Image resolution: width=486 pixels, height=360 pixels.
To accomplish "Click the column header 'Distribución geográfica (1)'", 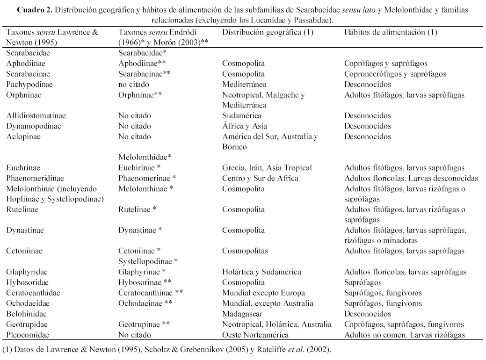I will tap(268, 32).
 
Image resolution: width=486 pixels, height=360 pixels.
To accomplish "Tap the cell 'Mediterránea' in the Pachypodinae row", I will tap(244, 85).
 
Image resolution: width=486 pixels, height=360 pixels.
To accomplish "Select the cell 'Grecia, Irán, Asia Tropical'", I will tap(267, 168).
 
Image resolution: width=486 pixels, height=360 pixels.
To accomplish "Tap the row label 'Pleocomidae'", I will tap(28, 335).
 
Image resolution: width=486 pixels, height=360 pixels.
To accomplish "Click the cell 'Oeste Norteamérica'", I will tap(255, 335).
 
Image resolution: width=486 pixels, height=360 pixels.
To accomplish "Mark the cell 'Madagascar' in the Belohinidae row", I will tap(242, 314).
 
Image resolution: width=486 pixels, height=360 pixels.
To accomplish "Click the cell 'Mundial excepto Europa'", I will tap(263, 293).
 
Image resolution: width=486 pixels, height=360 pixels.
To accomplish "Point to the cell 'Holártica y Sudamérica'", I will tap(261, 272).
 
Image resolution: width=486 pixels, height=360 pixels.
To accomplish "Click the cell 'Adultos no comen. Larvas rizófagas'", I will tap(405, 335).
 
